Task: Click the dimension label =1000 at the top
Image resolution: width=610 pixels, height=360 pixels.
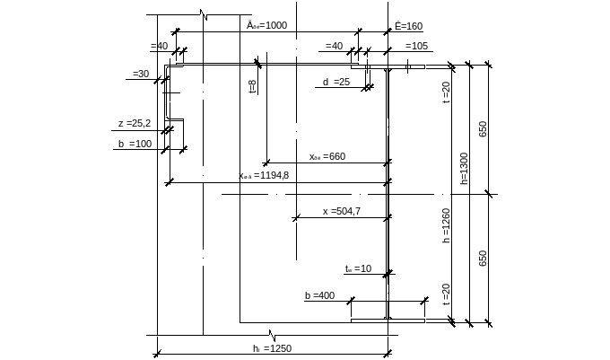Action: coord(266,25)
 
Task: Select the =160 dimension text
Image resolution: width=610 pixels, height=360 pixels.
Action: coord(408,27)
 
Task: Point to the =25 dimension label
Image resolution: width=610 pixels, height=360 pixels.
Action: coord(335,83)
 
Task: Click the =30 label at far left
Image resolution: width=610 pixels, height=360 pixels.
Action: coord(141,73)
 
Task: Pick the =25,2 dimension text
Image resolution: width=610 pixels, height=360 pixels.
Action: coord(135,124)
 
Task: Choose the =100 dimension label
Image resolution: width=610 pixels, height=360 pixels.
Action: coord(135,143)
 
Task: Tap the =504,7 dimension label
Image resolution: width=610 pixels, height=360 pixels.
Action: coord(342,212)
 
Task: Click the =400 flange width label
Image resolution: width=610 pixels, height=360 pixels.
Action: coord(319,295)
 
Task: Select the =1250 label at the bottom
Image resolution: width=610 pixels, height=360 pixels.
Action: coord(273,348)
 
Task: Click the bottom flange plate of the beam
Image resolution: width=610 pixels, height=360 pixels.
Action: coord(387,319)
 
